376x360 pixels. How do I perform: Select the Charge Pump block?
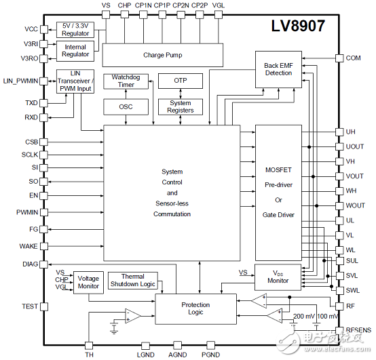coord(162,55)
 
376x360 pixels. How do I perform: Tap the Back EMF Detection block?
coord(278,70)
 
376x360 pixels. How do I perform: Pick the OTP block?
coord(180,81)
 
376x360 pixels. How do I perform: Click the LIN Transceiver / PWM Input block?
coord(76,82)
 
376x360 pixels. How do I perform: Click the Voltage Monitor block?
coord(88,282)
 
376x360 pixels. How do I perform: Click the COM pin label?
coord(354,58)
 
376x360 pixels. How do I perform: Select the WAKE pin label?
coord(29,246)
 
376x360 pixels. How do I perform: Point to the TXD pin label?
coord(31,103)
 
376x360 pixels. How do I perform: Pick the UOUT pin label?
coord(355,146)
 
